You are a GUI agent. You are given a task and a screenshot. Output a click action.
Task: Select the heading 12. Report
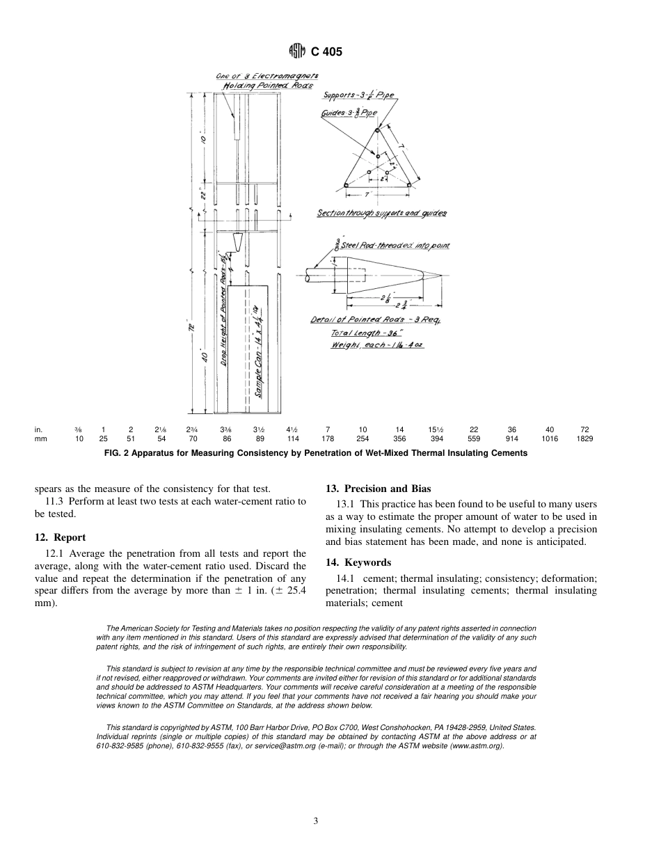(60, 537)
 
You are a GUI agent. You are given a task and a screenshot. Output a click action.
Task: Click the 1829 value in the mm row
(584, 439)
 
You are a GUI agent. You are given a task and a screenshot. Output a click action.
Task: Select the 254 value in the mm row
(363, 439)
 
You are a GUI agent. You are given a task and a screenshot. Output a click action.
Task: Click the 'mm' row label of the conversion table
(40, 439)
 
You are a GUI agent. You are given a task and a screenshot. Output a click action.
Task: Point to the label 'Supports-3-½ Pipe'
(358, 95)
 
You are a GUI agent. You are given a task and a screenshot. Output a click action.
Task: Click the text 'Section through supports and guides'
(381, 213)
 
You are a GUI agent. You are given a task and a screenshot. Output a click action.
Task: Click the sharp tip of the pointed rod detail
(442, 276)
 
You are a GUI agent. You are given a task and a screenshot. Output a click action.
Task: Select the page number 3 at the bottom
(315, 821)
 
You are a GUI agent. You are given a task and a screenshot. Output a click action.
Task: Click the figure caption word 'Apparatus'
(179, 453)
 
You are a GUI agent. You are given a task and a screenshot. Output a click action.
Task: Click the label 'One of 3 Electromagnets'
(266, 75)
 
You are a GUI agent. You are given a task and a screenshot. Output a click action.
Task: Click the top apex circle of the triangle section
(377, 129)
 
